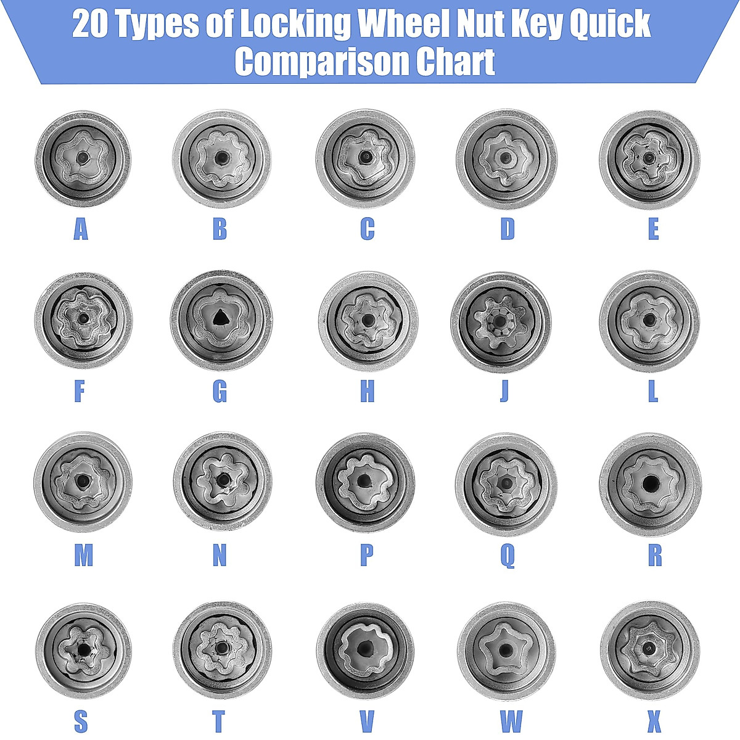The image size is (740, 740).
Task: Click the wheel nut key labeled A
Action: (82, 158)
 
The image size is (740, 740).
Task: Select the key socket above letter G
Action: (220, 319)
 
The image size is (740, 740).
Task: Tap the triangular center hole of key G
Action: (220, 318)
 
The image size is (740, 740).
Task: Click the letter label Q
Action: (507, 556)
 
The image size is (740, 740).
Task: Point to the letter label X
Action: (654, 720)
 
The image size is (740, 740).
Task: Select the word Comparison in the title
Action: (321, 61)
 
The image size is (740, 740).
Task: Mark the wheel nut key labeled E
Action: (649, 159)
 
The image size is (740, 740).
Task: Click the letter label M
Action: (83, 556)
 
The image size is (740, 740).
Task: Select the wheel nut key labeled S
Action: (83, 650)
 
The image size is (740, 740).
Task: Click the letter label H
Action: (367, 391)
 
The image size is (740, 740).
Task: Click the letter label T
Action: (218, 720)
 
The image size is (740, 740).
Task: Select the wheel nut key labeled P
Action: (365, 482)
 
